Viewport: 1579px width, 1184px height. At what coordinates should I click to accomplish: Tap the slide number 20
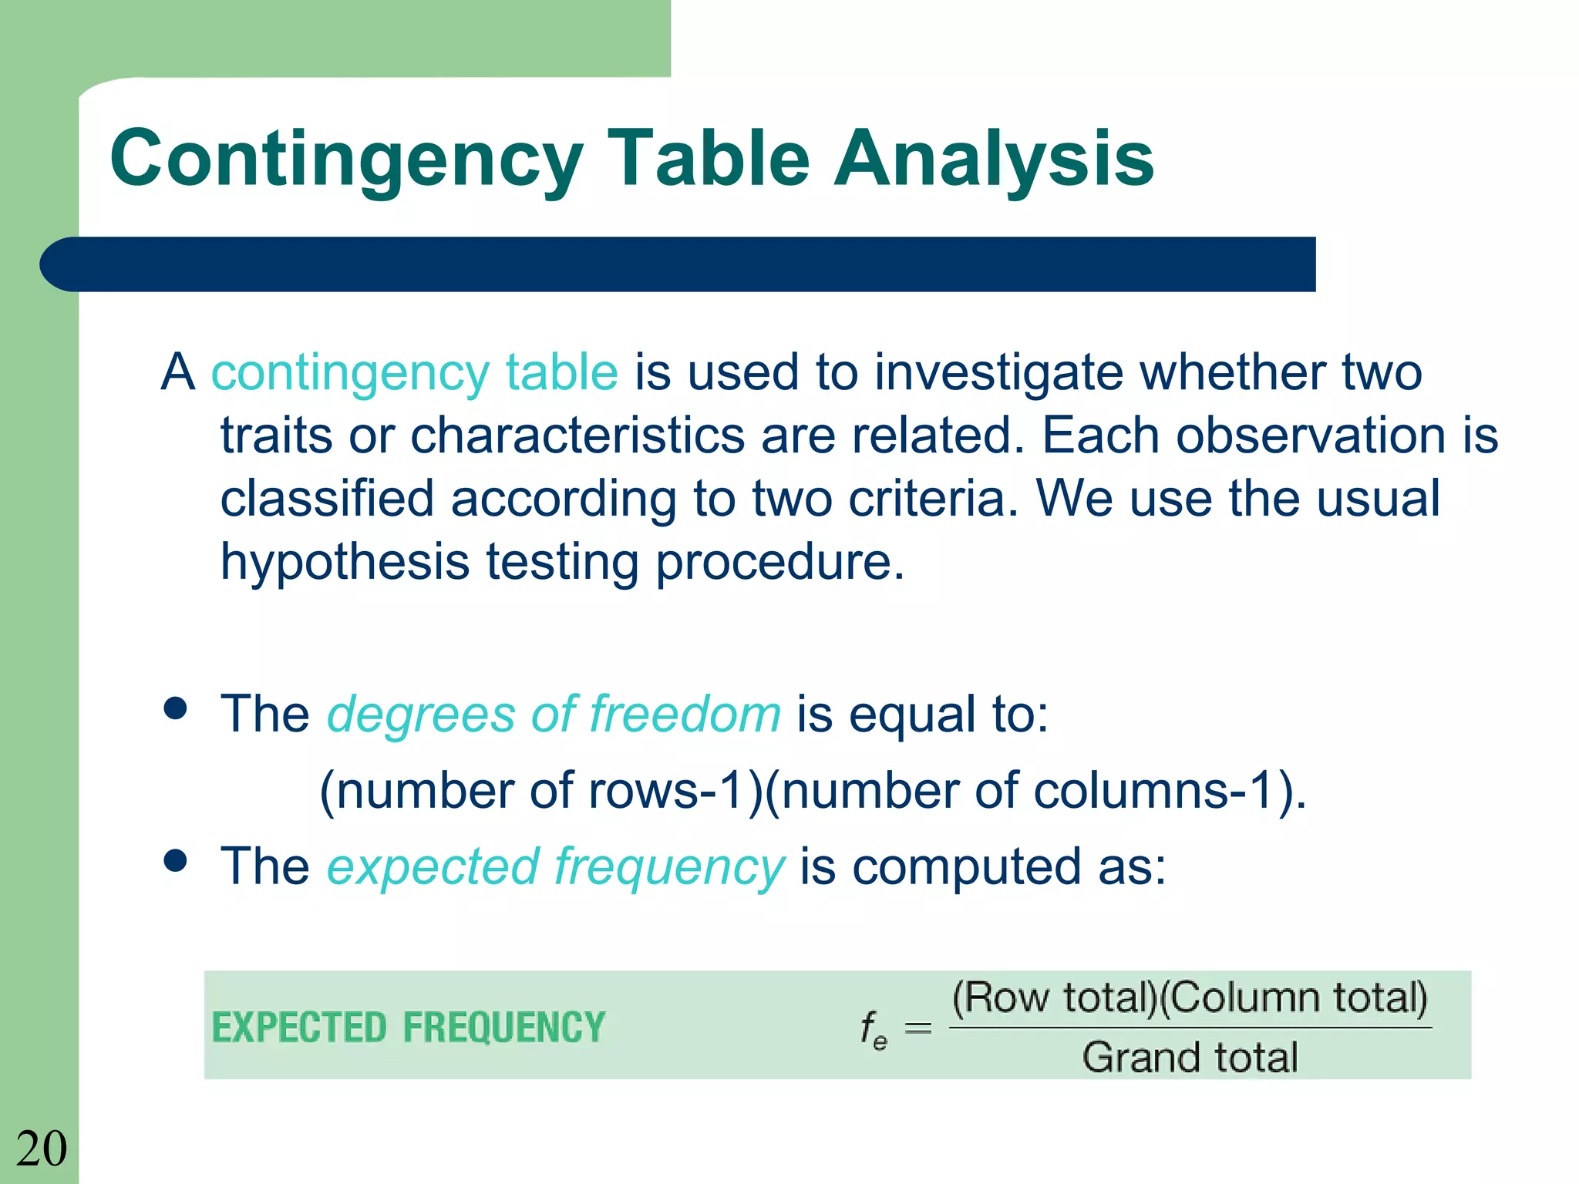click(42, 1149)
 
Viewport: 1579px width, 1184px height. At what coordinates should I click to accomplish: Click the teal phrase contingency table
click(415, 372)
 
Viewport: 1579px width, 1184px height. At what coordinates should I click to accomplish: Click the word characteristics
click(577, 436)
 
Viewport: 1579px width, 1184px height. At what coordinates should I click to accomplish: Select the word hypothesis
click(345, 561)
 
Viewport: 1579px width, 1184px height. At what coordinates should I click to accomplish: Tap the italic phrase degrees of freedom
click(554, 714)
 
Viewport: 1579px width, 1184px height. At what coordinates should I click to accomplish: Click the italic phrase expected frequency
click(555, 866)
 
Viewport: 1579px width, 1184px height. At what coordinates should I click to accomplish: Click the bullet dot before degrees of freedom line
click(176, 708)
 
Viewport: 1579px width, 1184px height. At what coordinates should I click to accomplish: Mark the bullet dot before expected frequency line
click(176, 860)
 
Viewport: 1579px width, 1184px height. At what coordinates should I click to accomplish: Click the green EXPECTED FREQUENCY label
click(409, 1028)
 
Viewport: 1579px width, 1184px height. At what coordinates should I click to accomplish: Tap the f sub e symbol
click(874, 1029)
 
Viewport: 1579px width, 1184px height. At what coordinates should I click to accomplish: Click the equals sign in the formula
click(917, 1028)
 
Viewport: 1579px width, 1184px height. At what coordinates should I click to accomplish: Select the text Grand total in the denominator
click(1190, 1057)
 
